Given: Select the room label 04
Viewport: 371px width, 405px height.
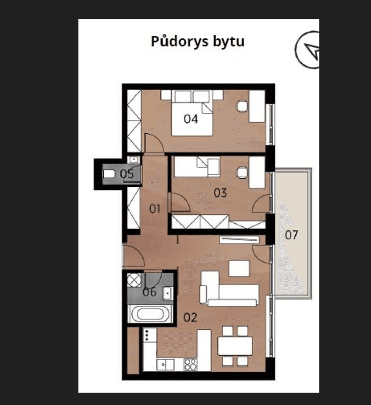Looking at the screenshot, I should [x=191, y=119].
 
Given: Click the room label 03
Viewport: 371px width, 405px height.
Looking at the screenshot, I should [x=220, y=193].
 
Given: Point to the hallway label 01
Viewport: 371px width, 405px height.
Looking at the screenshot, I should [x=155, y=209].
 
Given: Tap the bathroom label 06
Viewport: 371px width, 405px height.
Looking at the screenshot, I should [x=149, y=292].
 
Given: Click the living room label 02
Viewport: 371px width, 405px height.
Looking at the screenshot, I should [x=190, y=317].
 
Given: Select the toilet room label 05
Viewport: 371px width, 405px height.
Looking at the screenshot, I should [x=126, y=174].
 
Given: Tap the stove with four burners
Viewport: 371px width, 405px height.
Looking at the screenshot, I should [x=190, y=364].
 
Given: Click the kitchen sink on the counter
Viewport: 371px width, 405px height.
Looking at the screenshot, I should [x=164, y=364].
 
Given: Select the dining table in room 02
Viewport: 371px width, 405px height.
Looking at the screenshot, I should [x=235, y=346].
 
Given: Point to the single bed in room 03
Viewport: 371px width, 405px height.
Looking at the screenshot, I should [x=198, y=166].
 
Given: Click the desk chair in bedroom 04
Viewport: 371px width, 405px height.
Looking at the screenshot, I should [x=242, y=106].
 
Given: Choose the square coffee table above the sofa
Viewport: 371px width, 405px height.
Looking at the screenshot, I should [x=239, y=268].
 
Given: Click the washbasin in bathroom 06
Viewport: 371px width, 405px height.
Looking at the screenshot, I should [x=168, y=293].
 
